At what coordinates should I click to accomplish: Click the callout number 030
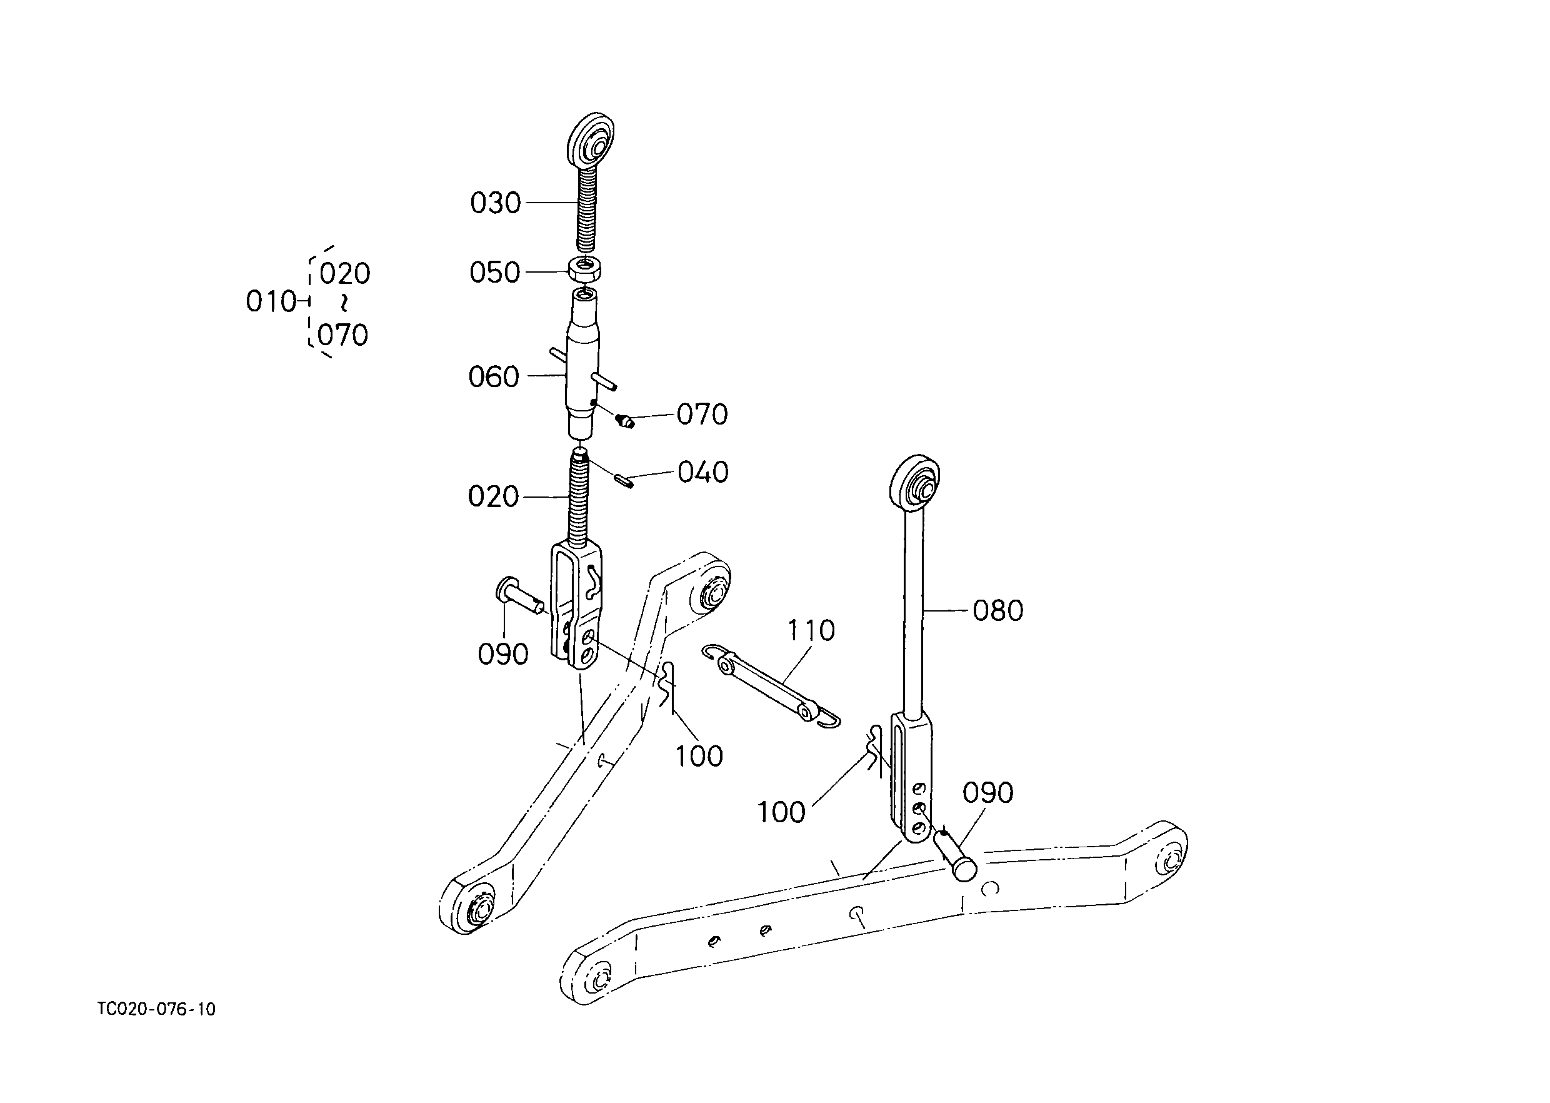point(496,203)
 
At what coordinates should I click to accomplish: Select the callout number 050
point(494,273)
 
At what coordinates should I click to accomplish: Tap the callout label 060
point(494,377)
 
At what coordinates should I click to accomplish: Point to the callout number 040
point(703,472)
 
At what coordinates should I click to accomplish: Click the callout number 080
point(998,610)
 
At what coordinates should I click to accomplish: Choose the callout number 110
point(811,630)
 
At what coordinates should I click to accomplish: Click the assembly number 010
point(271,301)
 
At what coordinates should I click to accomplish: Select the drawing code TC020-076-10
point(157,1009)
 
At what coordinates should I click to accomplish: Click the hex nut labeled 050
point(584,269)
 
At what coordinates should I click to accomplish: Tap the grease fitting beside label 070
point(625,421)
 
